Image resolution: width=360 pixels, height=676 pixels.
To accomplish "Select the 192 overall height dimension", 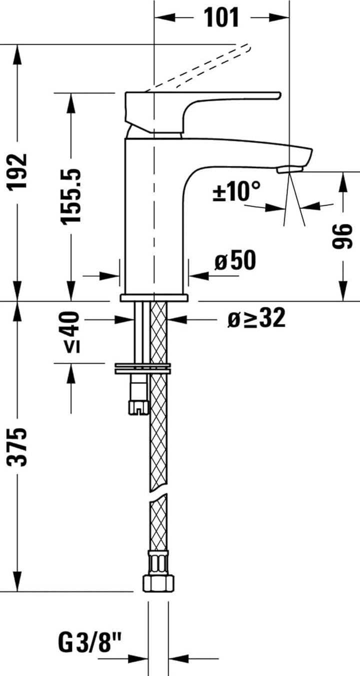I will (x=19, y=171).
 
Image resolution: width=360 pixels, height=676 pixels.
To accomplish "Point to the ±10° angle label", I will (x=237, y=191).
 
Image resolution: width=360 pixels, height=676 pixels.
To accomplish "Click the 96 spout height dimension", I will (x=343, y=236).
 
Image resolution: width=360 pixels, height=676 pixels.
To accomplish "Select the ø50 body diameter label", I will (x=235, y=260).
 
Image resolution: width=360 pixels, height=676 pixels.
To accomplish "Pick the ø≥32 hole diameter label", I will (x=256, y=318).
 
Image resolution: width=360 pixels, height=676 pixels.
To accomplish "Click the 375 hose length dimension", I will (x=19, y=446).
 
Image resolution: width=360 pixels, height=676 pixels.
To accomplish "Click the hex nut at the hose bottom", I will (x=158, y=582).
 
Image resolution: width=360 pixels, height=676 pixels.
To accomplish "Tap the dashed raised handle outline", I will (x=200, y=67).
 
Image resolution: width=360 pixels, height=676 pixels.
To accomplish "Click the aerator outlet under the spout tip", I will (x=288, y=170).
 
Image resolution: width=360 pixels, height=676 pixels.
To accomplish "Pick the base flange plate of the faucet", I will (x=153, y=298).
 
